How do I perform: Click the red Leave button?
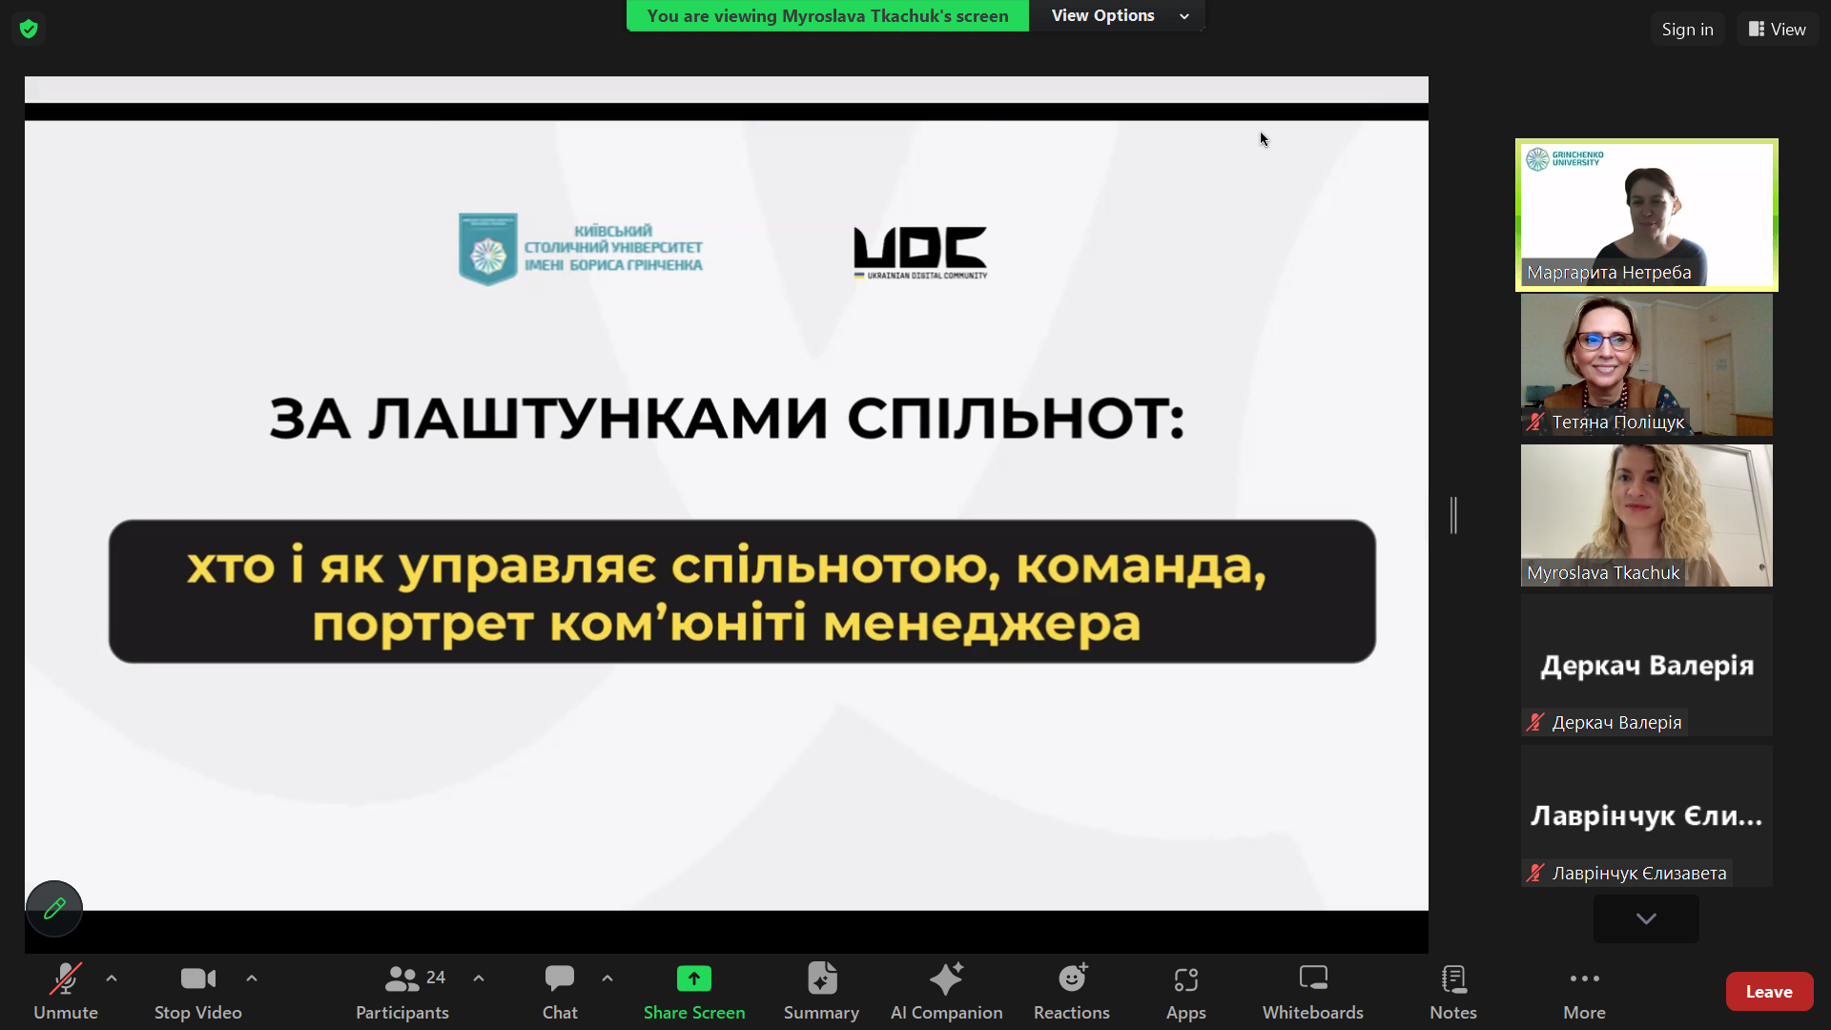pyautogui.click(x=1769, y=992)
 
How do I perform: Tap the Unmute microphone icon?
pyautogui.click(x=66, y=978)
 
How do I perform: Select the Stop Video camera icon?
pyautogui.click(x=198, y=978)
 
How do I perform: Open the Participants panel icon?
pyautogui.click(x=401, y=978)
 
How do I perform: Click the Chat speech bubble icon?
pyautogui.click(x=560, y=978)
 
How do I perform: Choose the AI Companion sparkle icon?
pyautogui.click(x=946, y=978)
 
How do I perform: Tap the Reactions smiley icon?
pyautogui.click(x=1072, y=978)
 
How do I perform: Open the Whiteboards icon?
pyautogui.click(x=1313, y=978)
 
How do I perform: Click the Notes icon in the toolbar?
pyautogui.click(x=1453, y=978)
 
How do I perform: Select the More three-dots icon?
pyautogui.click(x=1584, y=978)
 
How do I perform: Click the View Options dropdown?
pyautogui.click(x=1118, y=16)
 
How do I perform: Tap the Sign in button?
pyautogui.click(x=1687, y=30)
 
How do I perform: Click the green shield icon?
pyautogui.click(x=29, y=29)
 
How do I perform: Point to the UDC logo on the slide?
pyautogui.click(x=920, y=253)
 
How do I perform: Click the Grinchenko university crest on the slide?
pyautogui.click(x=488, y=249)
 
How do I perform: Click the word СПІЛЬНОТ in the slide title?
pyautogui.click(x=1016, y=419)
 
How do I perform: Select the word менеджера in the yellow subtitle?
pyautogui.click(x=981, y=625)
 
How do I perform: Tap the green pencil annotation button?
pyautogui.click(x=54, y=908)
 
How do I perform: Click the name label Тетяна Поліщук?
pyautogui.click(x=1617, y=422)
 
